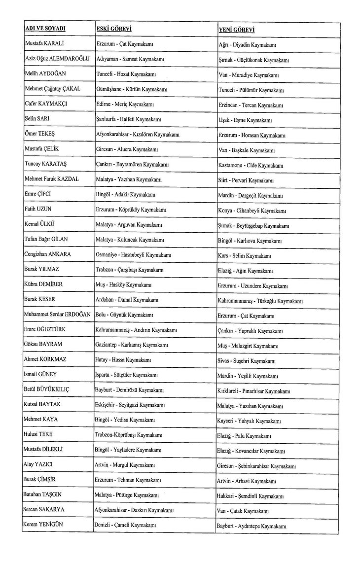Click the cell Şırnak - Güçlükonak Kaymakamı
point(253,60)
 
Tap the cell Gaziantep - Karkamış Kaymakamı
point(130,345)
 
